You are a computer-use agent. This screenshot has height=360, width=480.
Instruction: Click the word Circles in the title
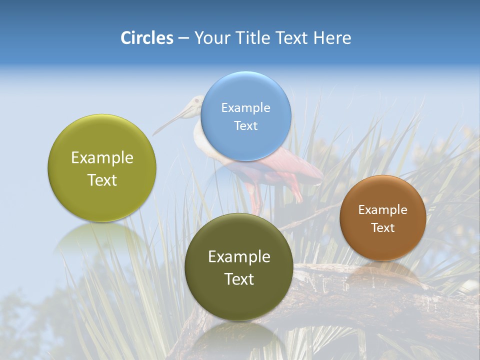point(147,38)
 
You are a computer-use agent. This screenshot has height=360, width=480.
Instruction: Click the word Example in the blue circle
point(246,108)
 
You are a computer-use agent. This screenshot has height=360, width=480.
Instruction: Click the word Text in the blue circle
point(246,126)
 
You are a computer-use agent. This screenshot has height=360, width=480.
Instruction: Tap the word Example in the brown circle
point(383,210)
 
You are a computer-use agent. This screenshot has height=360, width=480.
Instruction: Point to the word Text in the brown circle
point(383,228)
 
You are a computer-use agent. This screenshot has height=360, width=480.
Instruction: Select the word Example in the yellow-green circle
point(102,158)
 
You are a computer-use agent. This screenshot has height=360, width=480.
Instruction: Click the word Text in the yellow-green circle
point(102,180)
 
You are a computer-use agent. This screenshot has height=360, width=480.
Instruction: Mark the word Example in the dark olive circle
point(239,257)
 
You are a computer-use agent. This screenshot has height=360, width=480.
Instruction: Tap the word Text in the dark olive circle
point(239,279)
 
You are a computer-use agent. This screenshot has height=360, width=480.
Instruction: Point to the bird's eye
point(196,101)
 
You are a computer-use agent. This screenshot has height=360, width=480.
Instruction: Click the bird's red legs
point(255,197)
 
